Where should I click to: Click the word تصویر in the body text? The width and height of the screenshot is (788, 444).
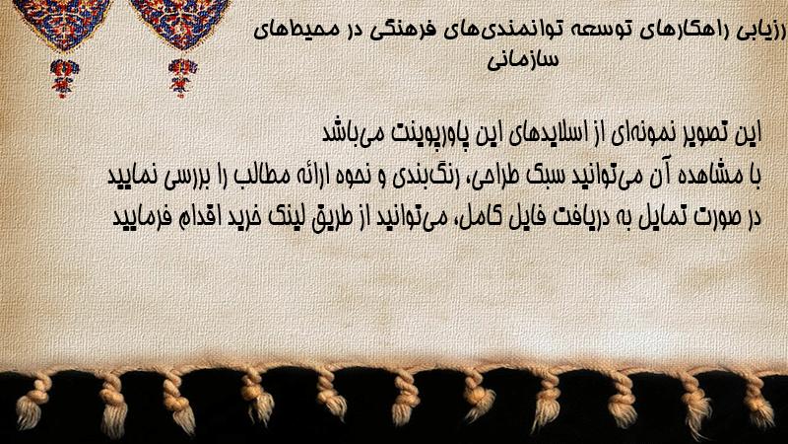pos(702,133)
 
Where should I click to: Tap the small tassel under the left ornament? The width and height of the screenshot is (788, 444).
pos(64,78)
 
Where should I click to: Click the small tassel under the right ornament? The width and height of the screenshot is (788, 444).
pos(182,77)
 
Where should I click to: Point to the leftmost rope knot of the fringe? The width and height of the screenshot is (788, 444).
pos(32,403)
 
